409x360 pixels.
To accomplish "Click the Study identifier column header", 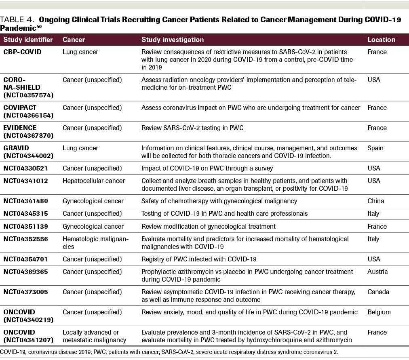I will pos(28,40).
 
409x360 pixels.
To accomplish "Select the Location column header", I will pos(381,40).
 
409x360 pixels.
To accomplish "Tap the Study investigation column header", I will pos(173,40).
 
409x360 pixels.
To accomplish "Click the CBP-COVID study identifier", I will pos(23,52).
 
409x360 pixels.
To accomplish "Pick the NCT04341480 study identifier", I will pos(26,201).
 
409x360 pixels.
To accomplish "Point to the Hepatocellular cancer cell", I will pos(94,181).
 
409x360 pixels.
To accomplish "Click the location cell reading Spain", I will pos(375,148).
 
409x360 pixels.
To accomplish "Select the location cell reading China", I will pos(375,201).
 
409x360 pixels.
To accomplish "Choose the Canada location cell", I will pos(378,292).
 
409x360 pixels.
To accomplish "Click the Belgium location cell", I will pos(379,312).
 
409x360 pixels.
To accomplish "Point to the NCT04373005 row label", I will pos(26,292).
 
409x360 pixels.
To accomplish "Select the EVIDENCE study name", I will pos(20,128).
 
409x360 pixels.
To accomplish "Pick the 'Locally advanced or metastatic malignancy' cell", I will pos(94,336).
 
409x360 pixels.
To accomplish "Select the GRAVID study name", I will pos(16,148).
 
